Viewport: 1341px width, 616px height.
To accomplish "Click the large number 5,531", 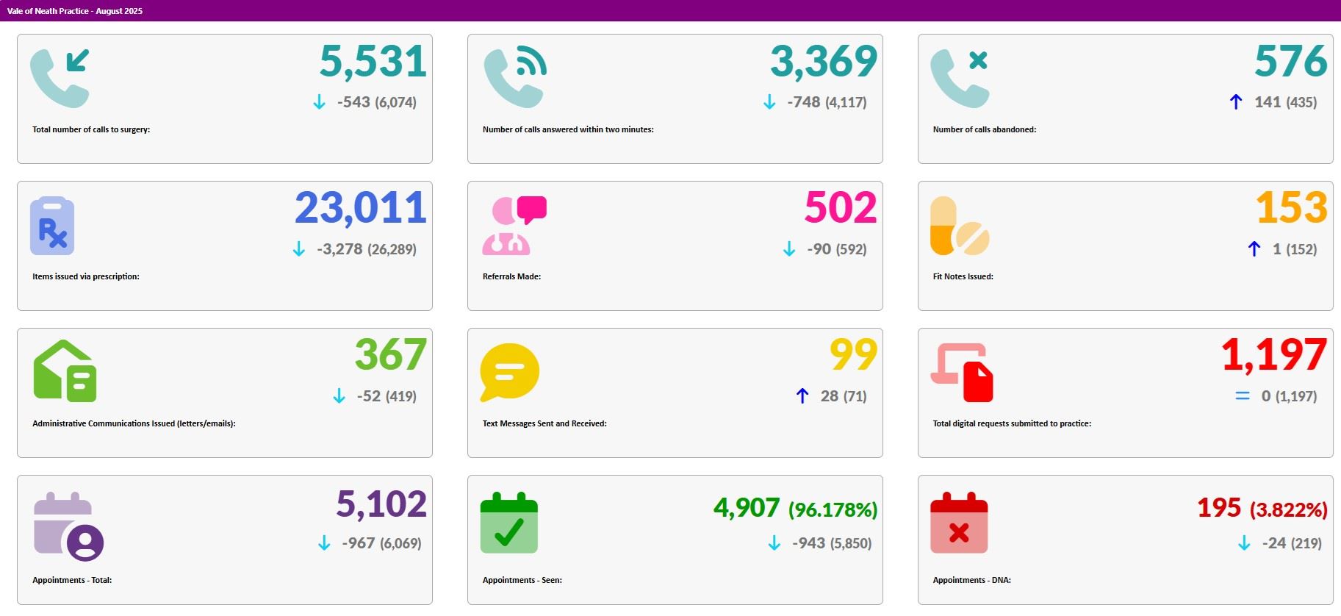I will point(373,62).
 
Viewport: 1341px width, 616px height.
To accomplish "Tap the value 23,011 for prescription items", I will point(360,209).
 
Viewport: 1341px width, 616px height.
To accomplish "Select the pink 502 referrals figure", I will point(841,209).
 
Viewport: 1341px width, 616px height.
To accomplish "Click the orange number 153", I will point(1291,209).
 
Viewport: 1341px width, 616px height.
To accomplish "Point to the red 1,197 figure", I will point(1273,356).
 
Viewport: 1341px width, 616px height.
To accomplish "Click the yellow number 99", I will point(853,356).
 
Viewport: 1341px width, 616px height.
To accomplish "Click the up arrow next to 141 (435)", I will point(1236,102).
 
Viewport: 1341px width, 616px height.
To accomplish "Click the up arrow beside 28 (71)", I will point(802,396).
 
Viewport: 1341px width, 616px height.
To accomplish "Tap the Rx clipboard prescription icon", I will point(52,226).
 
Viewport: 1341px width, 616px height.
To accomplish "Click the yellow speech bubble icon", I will point(509,372).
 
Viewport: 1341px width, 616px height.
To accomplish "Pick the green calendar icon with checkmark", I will point(509,523).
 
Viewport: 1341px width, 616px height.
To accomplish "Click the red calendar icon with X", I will point(959,523).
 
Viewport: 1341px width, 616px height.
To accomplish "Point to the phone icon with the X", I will point(960,79).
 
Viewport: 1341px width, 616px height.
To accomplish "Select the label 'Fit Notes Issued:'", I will point(963,276).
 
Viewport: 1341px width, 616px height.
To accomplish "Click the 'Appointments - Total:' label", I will point(72,580).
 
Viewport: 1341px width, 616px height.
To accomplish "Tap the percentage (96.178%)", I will point(833,509).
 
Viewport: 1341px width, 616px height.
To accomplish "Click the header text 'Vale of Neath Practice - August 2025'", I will point(75,11).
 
